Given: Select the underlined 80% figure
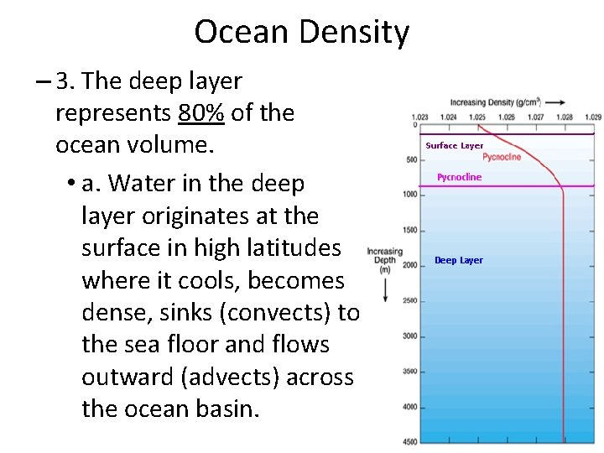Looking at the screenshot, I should point(201,112).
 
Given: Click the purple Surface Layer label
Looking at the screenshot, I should point(455,146).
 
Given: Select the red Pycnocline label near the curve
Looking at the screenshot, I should point(502,157).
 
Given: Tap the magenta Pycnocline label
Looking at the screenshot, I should point(460,177).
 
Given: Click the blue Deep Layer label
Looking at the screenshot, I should point(458,260).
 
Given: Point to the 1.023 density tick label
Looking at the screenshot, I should point(419,117).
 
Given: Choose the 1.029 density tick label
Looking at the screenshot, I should point(592,117).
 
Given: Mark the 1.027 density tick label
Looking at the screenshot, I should point(535,117).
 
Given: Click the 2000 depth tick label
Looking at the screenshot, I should point(409,265).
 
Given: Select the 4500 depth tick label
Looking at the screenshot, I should point(409,442).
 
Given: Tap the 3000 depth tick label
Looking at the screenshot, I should point(409,336).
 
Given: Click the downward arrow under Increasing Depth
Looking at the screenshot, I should point(385,289).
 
